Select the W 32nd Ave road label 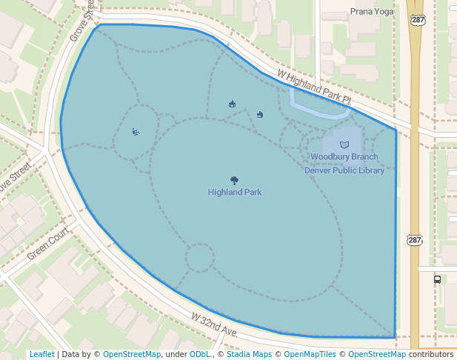(214, 325)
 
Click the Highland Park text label (235, 193)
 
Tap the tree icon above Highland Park (235, 180)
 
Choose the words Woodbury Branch (344, 157)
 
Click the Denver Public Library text (344, 170)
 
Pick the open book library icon (344, 144)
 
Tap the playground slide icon (136, 133)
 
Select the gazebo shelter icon (233, 104)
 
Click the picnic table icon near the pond (260, 114)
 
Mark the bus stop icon (437, 279)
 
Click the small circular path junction (199, 258)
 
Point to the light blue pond (318, 108)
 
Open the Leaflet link (41, 355)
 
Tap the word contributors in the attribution (430, 355)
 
